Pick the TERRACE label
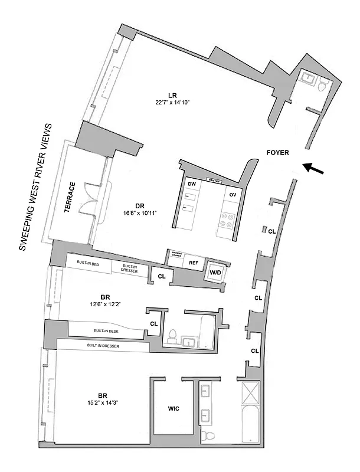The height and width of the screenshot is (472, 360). click(71, 198)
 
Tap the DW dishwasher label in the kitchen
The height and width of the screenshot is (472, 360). click(191, 184)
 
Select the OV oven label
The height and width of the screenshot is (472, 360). click(232, 195)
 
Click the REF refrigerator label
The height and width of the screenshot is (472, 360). click(192, 263)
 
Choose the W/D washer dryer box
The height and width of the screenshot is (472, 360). click(214, 273)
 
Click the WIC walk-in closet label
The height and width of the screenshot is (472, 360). click(173, 408)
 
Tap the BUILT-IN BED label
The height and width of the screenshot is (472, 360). click(87, 263)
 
